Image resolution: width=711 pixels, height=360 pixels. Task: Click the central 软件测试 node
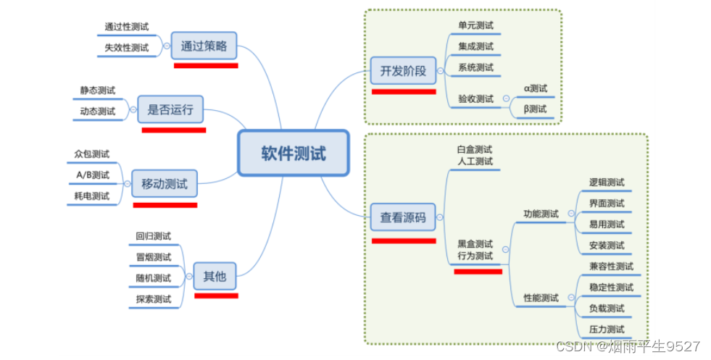click(x=294, y=153)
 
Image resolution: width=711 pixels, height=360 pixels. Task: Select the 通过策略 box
click(x=204, y=47)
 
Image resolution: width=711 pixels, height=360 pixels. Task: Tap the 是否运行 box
click(x=170, y=110)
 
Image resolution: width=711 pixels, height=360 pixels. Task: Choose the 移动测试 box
click(x=164, y=184)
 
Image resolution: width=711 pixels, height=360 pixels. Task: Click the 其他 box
click(x=215, y=276)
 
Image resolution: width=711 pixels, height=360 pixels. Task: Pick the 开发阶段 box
click(x=403, y=71)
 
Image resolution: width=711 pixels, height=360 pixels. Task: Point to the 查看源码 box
click(x=403, y=217)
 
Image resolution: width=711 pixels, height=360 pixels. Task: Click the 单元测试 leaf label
click(x=475, y=25)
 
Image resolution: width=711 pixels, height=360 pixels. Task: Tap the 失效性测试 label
click(x=126, y=48)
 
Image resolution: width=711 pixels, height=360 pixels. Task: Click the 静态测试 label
click(x=98, y=91)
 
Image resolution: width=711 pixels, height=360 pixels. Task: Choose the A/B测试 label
click(x=93, y=175)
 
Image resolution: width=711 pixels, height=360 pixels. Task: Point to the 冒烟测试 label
click(x=154, y=257)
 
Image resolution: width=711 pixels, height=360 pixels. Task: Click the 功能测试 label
click(x=541, y=214)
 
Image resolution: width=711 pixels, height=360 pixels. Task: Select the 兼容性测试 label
click(x=611, y=267)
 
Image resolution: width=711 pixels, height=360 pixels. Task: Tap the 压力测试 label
click(x=607, y=330)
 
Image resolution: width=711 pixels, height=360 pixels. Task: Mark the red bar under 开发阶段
click(x=404, y=92)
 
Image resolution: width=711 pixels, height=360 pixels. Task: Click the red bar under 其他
click(x=216, y=296)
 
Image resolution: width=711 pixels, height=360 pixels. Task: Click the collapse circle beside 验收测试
click(x=506, y=99)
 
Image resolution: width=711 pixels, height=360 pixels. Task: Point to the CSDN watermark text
click(x=628, y=346)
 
